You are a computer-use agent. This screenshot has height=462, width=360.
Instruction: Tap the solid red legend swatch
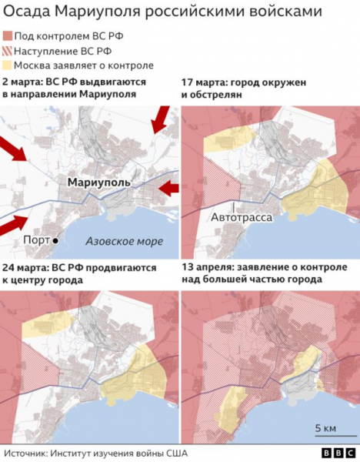tap(7, 36)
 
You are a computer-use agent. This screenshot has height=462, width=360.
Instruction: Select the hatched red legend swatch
tap(7, 51)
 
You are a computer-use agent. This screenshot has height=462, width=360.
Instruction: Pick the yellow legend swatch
tap(7, 65)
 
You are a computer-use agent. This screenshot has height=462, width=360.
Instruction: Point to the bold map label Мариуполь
tap(98, 182)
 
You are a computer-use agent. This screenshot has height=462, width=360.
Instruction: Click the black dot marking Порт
tap(56, 241)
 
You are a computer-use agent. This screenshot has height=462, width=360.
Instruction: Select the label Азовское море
tap(123, 241)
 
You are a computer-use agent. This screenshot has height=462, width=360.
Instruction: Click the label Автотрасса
tap(242, 218)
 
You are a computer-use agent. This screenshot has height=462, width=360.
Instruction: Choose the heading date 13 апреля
tap(208, 267)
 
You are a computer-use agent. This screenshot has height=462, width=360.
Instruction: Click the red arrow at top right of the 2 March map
tap(161, 119)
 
